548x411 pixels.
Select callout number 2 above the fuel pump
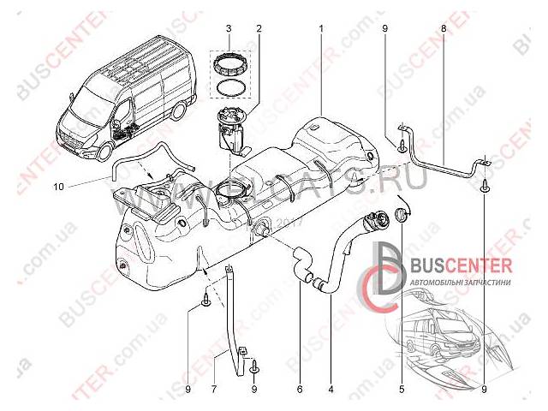(258, 29)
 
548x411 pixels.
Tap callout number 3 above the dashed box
(229, 29)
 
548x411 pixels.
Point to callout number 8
(443, 29)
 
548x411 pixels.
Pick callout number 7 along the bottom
(214, 389)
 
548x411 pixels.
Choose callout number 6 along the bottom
(300, 389)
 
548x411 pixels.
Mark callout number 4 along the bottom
(330, 389)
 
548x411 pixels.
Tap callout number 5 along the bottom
(401, 389)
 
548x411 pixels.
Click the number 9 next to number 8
(385, 29)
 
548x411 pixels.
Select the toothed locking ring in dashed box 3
(229, 63)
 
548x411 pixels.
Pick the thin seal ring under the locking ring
(229, 86)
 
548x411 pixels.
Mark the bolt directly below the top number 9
(402, 146)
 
